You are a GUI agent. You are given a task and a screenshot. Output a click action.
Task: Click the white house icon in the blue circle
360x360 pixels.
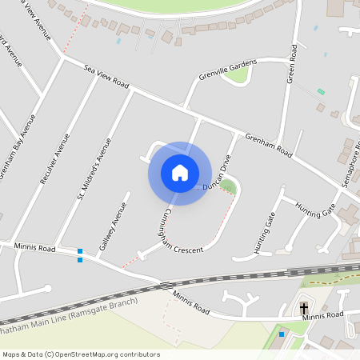pyautogui.click(x=179, y=172)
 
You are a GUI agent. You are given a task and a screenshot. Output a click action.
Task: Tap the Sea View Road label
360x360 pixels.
pyautogui.click(x=106, y=78)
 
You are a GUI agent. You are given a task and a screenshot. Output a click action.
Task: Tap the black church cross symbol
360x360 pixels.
pyautogui.click(x=304, y=308)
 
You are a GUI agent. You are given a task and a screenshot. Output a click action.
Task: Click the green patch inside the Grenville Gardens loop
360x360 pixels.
pyautogui.click(x=238, y=75)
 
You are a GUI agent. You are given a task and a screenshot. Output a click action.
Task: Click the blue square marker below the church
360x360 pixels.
pyautogui.click(x=282, y=334)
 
